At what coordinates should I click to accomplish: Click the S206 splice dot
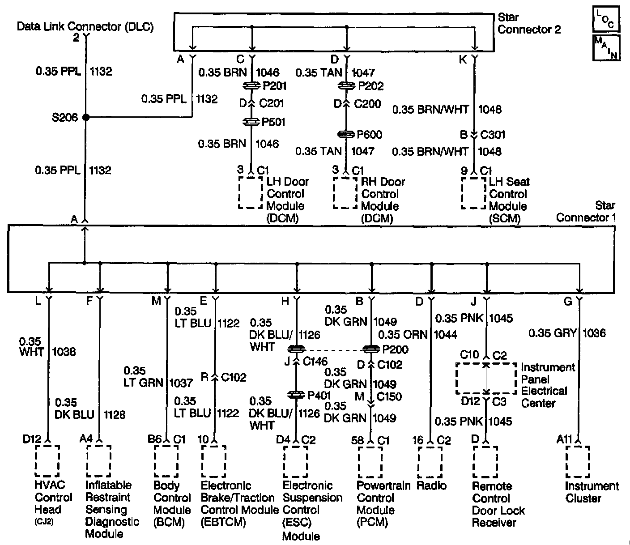coord(86,117)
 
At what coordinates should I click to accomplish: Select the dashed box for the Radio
coord(430,462)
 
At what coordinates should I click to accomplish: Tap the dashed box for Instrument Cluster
coord(578,462)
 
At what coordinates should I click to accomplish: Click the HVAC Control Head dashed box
coord(47,461)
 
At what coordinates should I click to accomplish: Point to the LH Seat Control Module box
coord(473,193)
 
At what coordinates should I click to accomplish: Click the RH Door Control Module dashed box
coord(345,193)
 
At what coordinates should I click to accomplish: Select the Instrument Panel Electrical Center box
coord(486,378)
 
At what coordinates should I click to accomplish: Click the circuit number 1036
coord(594,333)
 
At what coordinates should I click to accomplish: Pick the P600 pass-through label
coord(370,134)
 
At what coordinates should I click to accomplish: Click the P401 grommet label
coord(319,396)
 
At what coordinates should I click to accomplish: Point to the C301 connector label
coord(493,134)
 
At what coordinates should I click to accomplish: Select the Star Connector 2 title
coord(529,24)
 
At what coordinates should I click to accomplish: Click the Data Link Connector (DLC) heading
coord(85,26)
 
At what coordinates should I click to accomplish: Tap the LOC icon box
coord(606,19)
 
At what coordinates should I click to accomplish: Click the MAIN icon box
coord(606,47)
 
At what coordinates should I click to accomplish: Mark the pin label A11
coord(564,440)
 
